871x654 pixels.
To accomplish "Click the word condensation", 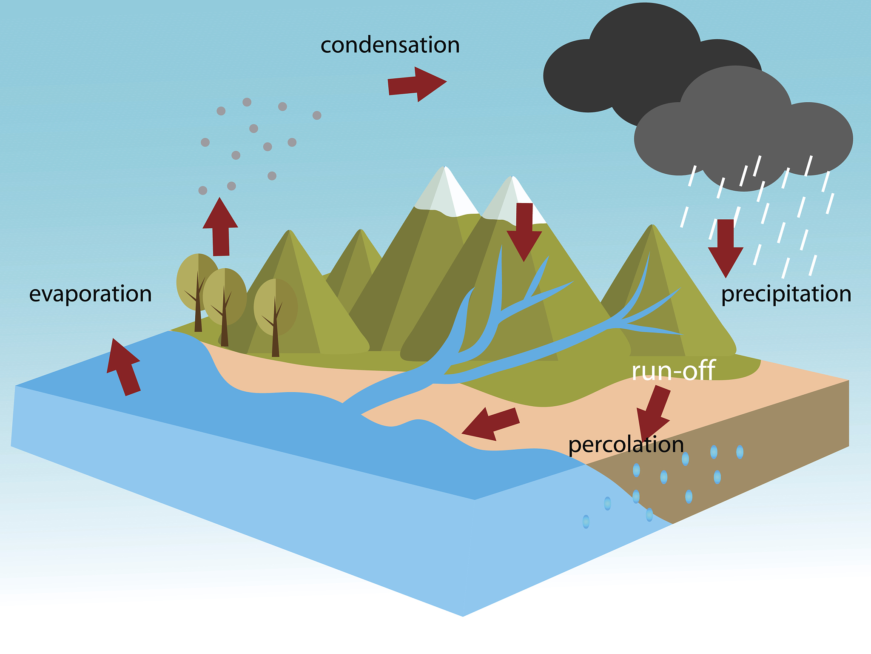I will pos(390,45).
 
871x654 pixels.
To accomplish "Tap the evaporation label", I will pos(90,294).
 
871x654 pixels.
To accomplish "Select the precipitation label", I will pos(786,294).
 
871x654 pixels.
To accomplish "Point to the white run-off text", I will pos(673,370).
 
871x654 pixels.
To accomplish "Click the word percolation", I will pos(626,445).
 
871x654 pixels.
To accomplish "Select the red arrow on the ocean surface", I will pos(123,366).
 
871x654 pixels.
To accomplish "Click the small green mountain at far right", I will pos(663,298).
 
